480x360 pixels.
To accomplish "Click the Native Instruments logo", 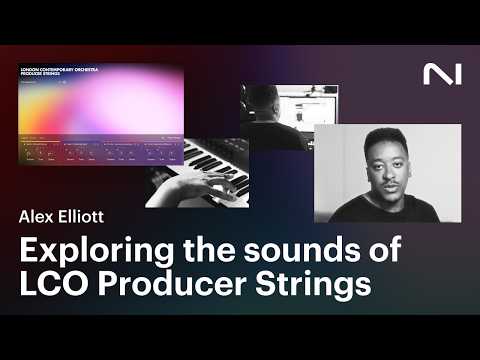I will pos(437,74).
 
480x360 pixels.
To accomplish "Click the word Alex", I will pos(36,213).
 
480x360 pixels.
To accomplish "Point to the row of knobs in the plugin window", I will pos(100,152).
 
